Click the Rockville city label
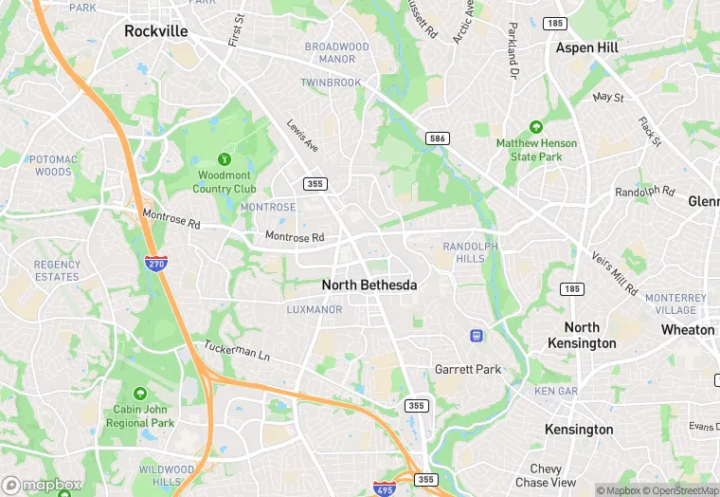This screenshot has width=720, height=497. click(156, 31)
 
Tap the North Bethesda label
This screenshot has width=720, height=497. click(369, 285)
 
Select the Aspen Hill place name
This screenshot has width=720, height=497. click(587, 47)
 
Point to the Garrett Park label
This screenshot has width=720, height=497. click(467, 369)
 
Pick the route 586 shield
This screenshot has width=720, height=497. click(437, 138)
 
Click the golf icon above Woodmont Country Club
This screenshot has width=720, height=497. click(225, 158)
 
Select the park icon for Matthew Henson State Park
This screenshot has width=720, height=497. click(535, 126)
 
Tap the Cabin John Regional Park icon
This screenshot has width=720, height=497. click(140, 393)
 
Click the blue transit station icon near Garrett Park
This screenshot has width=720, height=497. click(477, 335)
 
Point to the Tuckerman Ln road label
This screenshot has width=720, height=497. click(238, 352)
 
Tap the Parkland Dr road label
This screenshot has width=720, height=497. click(513, 50)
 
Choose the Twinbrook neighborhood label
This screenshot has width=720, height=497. click(331, 83)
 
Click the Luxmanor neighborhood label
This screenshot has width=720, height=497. click(314, 309)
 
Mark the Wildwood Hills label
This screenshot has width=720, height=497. click(166, 475)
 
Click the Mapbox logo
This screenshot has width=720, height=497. click(42, 486)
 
